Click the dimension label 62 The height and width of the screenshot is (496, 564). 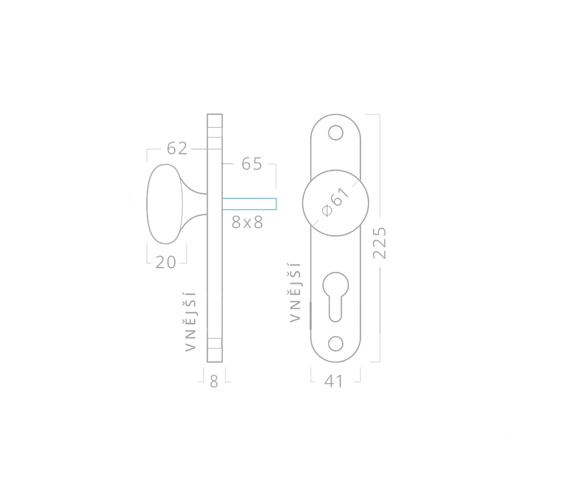pos(177,149)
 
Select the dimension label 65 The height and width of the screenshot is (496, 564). pos(252,164)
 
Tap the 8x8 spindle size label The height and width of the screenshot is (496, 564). pos(248,223)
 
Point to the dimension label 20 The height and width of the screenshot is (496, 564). pos(166,262)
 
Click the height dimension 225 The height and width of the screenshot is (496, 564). pos(380,243)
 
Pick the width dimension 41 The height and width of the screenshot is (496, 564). pos(334,381)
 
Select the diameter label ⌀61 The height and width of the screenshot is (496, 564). pos(335,202)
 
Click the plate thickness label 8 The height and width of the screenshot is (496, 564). pos(214,382)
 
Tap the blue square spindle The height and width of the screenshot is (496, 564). pos(249,204)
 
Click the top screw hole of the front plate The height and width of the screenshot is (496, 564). pos(335,133)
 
